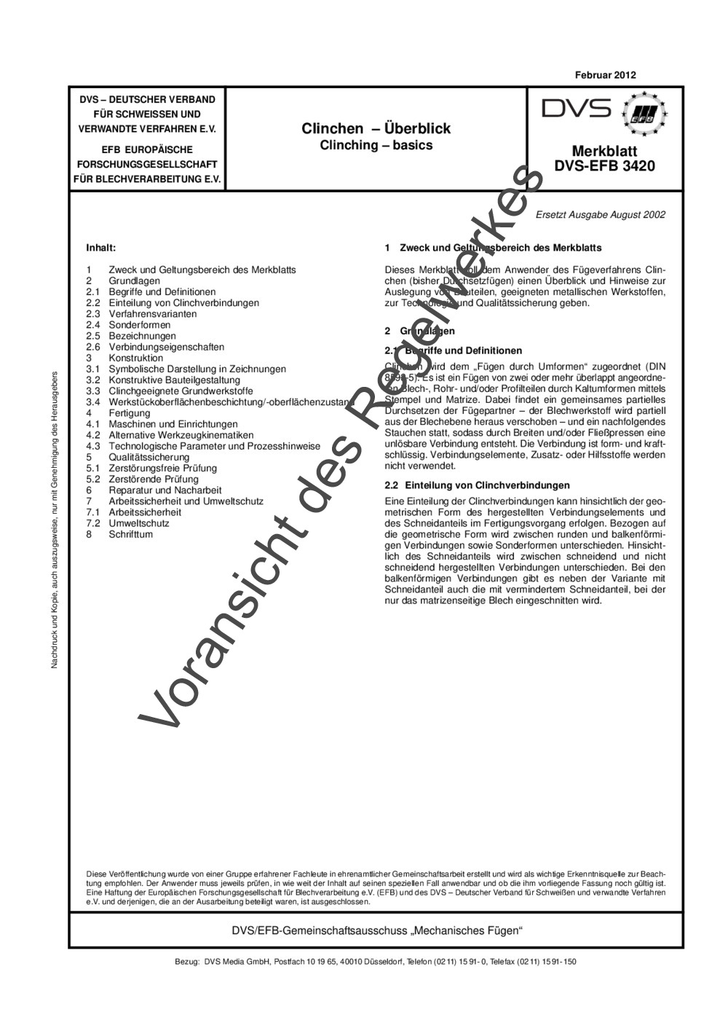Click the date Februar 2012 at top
pyautogui.click(x=605, y=75)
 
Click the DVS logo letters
pyautogui.click(x=577, y=109)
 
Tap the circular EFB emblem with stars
pyautogui.click(x=643, y=114)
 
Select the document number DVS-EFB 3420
pyautogui.click(x=604, y=166)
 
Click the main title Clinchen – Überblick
pyautogui.click(x=376, y=129)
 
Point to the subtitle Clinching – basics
pyautogui.click(x=376, y=145)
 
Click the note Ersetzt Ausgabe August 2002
pyautogui.click(x=600, y=215)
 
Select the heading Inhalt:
pyautogui.click(x=101, y=248)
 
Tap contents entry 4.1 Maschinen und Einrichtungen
pyautogui.click(x=173, y=424)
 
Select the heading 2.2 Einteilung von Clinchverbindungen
pyautogui.click(x=487, y=485)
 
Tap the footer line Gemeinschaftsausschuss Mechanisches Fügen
pyautogui.click(x=376, y=931)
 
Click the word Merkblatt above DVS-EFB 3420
pyautogui.click(x=604, y=152)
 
